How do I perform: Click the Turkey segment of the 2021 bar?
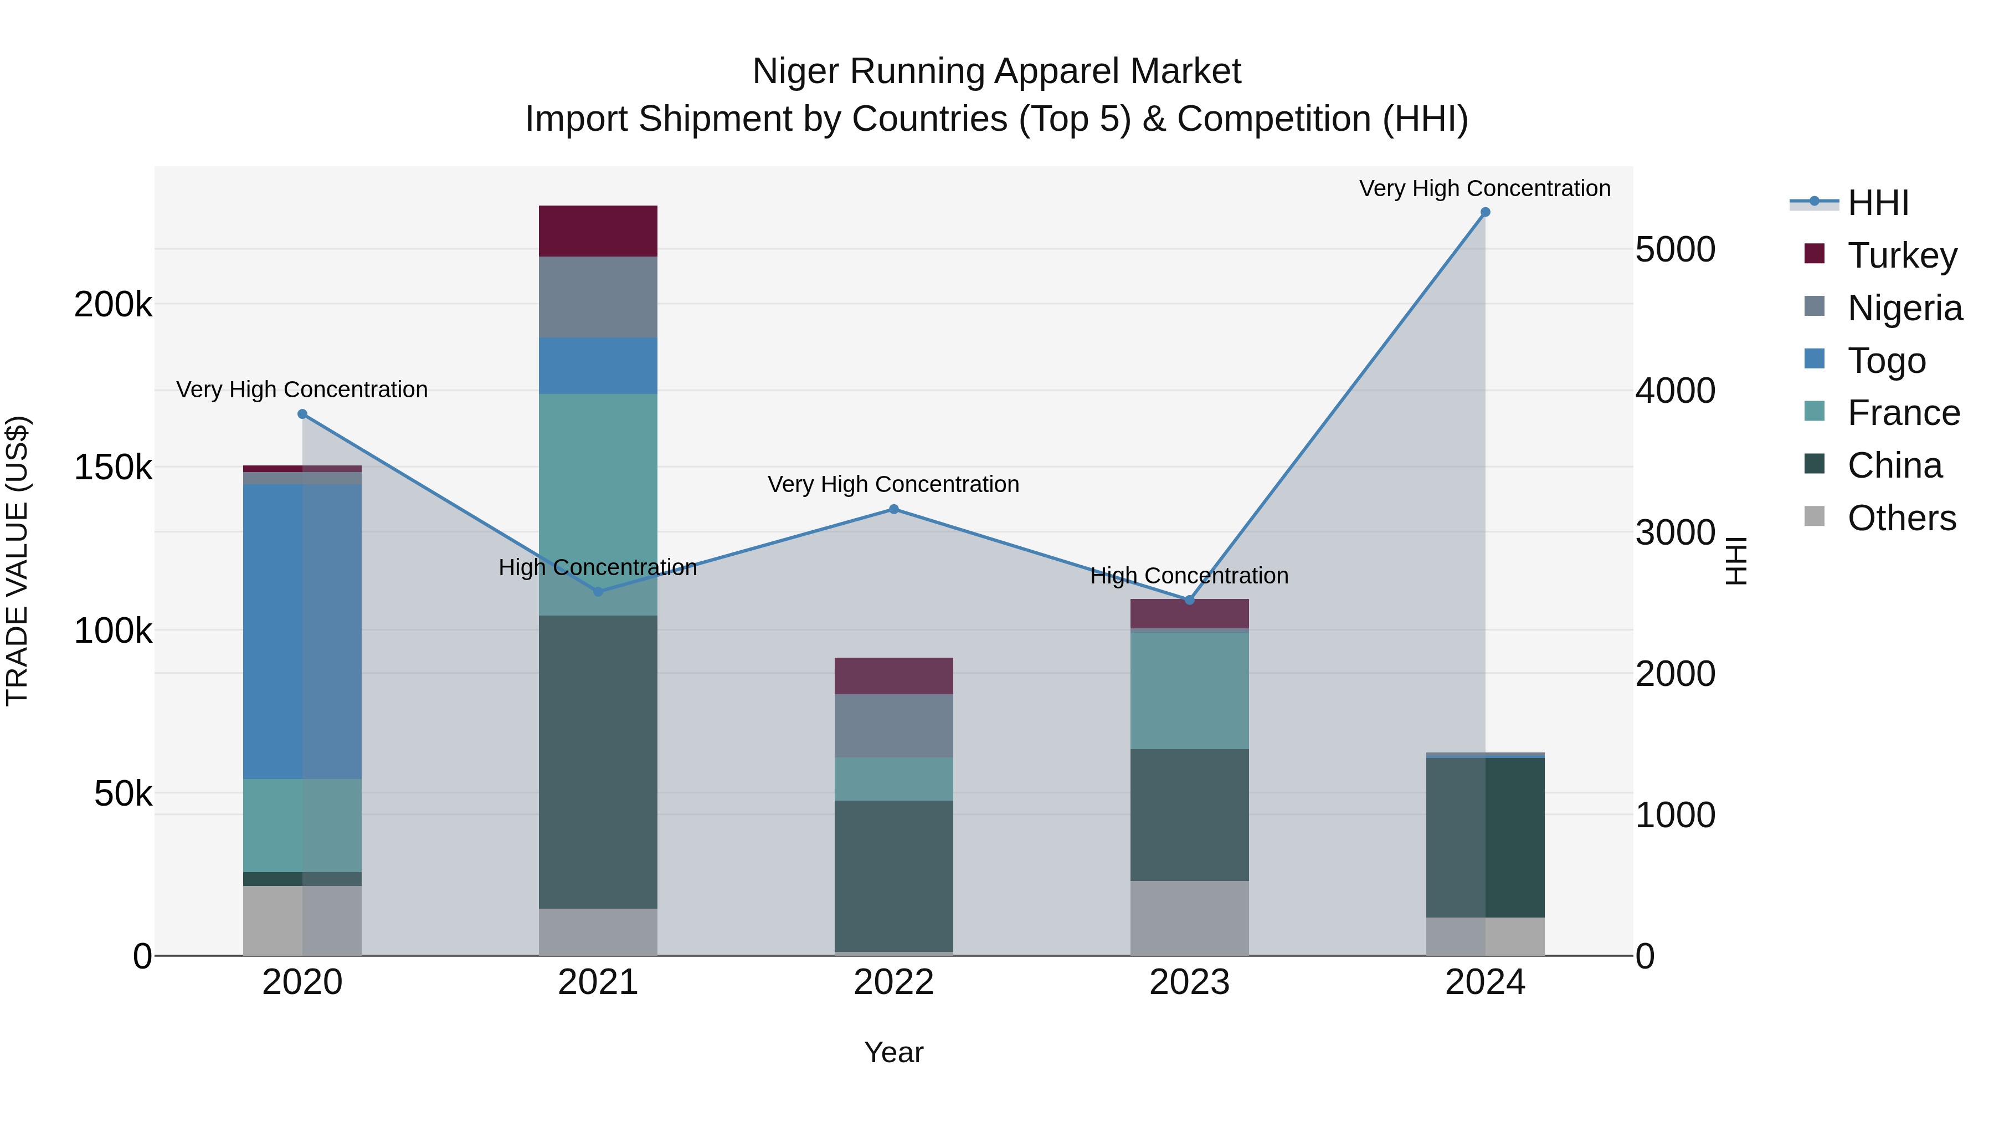pyautogui.click(x=598, y=230)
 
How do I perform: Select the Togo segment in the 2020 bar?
pyautogui.click(x=302, y=631)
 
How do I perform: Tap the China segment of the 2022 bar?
pyautogui.click(x=893, y=875)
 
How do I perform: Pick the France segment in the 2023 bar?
pyautogui.click(x=1189, y=691)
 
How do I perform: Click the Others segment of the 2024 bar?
pyautogui.click(x=1484, y=936)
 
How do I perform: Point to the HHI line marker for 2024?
pyautogui.click(x=1484, y=212)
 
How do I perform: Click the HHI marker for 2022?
pyautogui.click(x=893, y=510)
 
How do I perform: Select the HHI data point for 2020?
pyautogui.click(x=302, y=414)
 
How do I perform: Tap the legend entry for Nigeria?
pyautogui.click(x=1904, y=308)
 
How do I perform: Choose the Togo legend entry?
pyautogui.click(x=1887, y=361)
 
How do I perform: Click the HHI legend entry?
pyautogui.click(x=1877, y=203)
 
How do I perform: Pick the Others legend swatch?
pyautogui.click(x=1813, y=516)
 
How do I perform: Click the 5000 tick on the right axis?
pyautogui.click(x=1675, y=249)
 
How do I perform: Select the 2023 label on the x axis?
pyautogui.click(x=1189, y=982)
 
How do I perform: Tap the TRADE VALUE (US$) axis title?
pyautogui.click(x=17, y=561)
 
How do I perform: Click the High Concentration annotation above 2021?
pyautogui.click(x=598, y=567)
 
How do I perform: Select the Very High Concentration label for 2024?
pyautogui.click(x=1484, y=189)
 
